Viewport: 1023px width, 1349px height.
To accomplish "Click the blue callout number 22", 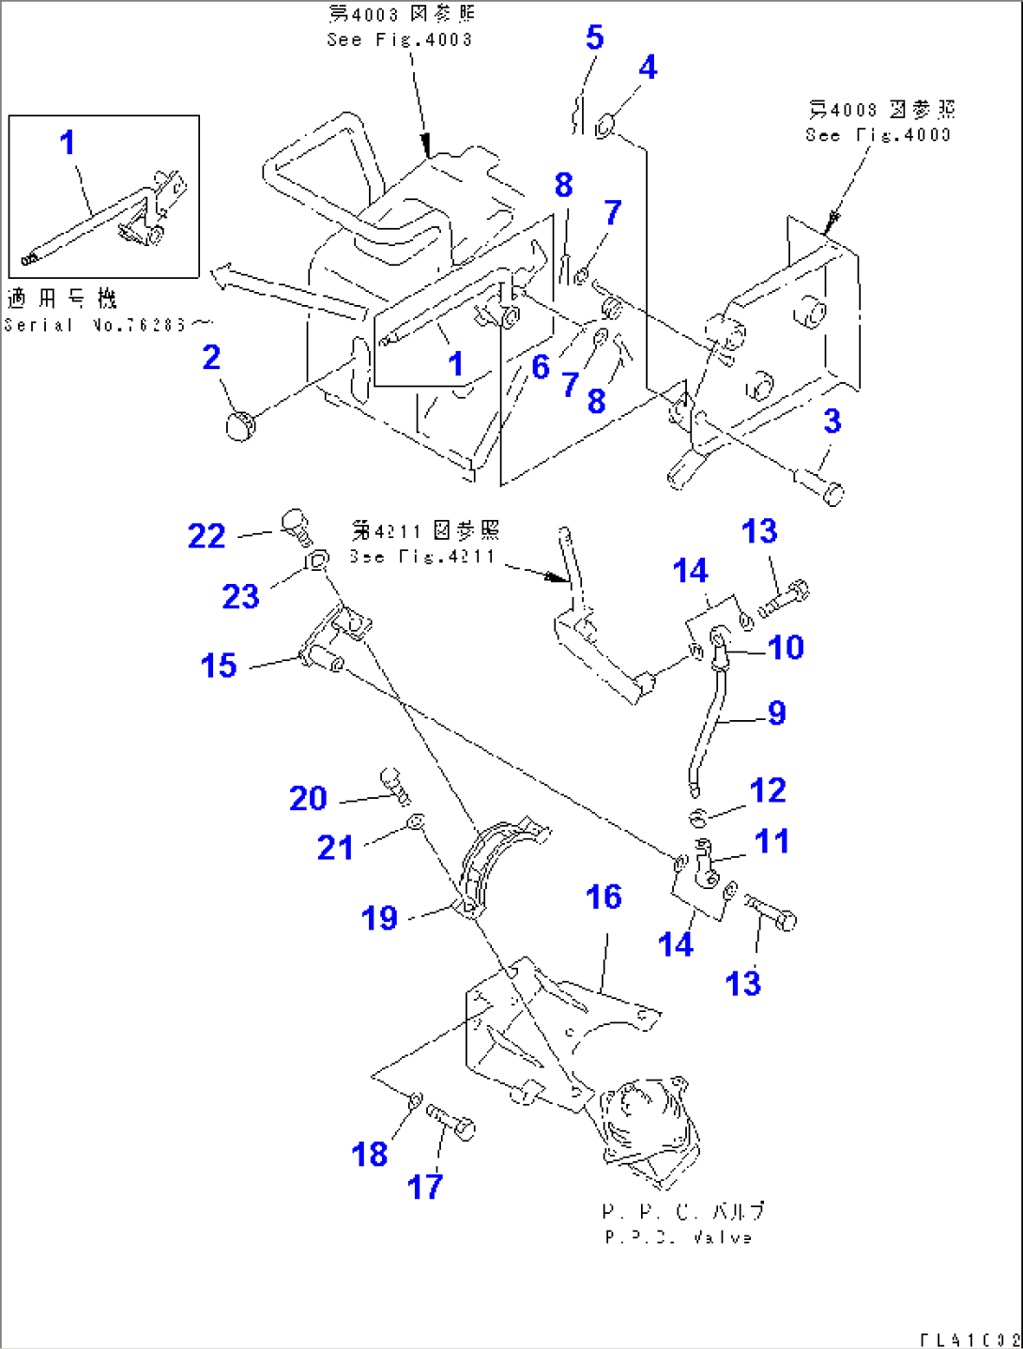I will coord(206,536).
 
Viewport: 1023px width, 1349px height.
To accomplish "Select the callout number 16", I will coord(603,897).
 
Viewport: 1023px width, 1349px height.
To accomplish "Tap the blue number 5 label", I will coord(594,38).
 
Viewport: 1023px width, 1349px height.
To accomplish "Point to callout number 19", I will coord(379,917).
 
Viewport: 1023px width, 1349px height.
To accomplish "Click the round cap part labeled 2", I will coord(241,425).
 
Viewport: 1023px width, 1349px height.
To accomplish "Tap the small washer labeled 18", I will coord(414,1098).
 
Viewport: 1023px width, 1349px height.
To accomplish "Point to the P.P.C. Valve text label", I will coord(678,1237).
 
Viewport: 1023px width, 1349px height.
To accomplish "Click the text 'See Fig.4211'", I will coord(421,556).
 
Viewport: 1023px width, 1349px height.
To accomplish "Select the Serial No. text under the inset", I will coord(99,325).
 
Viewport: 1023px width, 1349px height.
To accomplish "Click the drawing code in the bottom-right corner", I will coord(968,1340).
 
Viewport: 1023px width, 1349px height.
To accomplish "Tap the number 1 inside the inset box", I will coord(67,143).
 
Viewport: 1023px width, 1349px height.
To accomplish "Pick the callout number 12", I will coord(767,790).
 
